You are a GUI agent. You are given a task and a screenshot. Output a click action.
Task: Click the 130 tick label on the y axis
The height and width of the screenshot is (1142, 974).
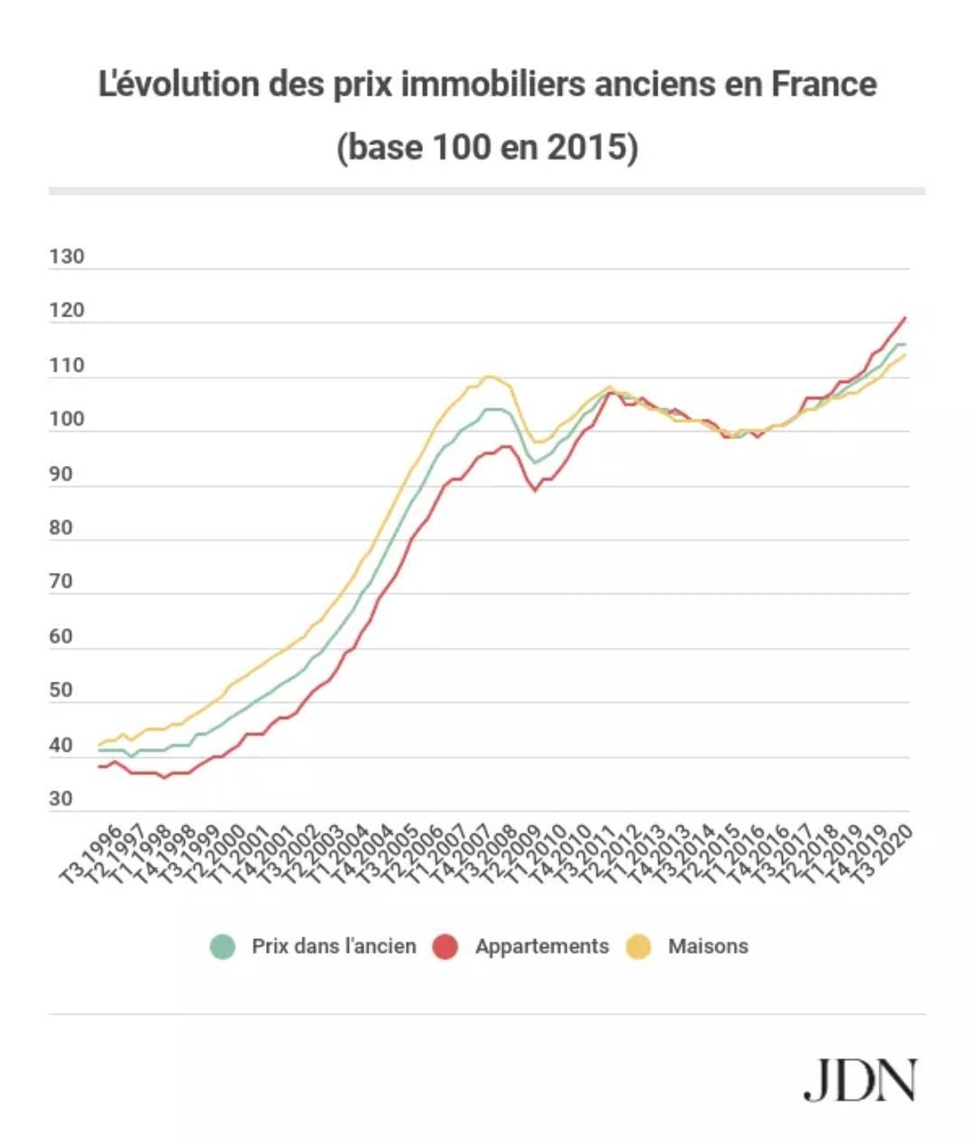(x=67, y=257)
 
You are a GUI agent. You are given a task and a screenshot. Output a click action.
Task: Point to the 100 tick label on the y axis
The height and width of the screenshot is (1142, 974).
(x=67, y=419)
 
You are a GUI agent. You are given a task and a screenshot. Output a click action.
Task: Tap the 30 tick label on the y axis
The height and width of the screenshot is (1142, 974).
(x=61, y=799)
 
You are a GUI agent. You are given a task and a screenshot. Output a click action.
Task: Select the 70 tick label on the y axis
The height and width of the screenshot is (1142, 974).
(x=61, y=582)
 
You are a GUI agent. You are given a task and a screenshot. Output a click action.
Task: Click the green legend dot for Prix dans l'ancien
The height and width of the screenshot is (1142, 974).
(x=222, y=946)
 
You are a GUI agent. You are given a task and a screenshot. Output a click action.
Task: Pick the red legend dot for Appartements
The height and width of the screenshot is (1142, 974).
(x=446, y=946)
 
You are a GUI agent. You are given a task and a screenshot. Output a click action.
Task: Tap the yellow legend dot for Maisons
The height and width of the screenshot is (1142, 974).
(x=639, y=946)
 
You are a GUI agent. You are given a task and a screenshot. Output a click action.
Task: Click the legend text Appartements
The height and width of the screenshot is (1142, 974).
(x=542, y=946)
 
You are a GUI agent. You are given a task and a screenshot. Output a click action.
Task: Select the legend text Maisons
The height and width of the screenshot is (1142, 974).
(x=708, y=946)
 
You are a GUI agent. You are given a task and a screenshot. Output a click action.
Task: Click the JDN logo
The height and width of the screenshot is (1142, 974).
(x=859, y=1080)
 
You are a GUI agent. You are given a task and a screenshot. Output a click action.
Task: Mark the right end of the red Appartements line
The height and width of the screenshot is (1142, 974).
(x=905, y=317)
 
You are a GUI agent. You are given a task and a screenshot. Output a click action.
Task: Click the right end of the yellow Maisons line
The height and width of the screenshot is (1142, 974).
(x=905, y=355)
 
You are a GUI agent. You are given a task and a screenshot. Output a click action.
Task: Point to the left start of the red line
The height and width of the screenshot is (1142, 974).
(x=99, y=766)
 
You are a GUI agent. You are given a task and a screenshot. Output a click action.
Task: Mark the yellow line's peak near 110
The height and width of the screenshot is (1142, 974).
(x=489, y=376)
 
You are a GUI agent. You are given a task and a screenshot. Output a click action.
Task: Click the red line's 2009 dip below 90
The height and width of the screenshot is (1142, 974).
(x=535, y=490)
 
